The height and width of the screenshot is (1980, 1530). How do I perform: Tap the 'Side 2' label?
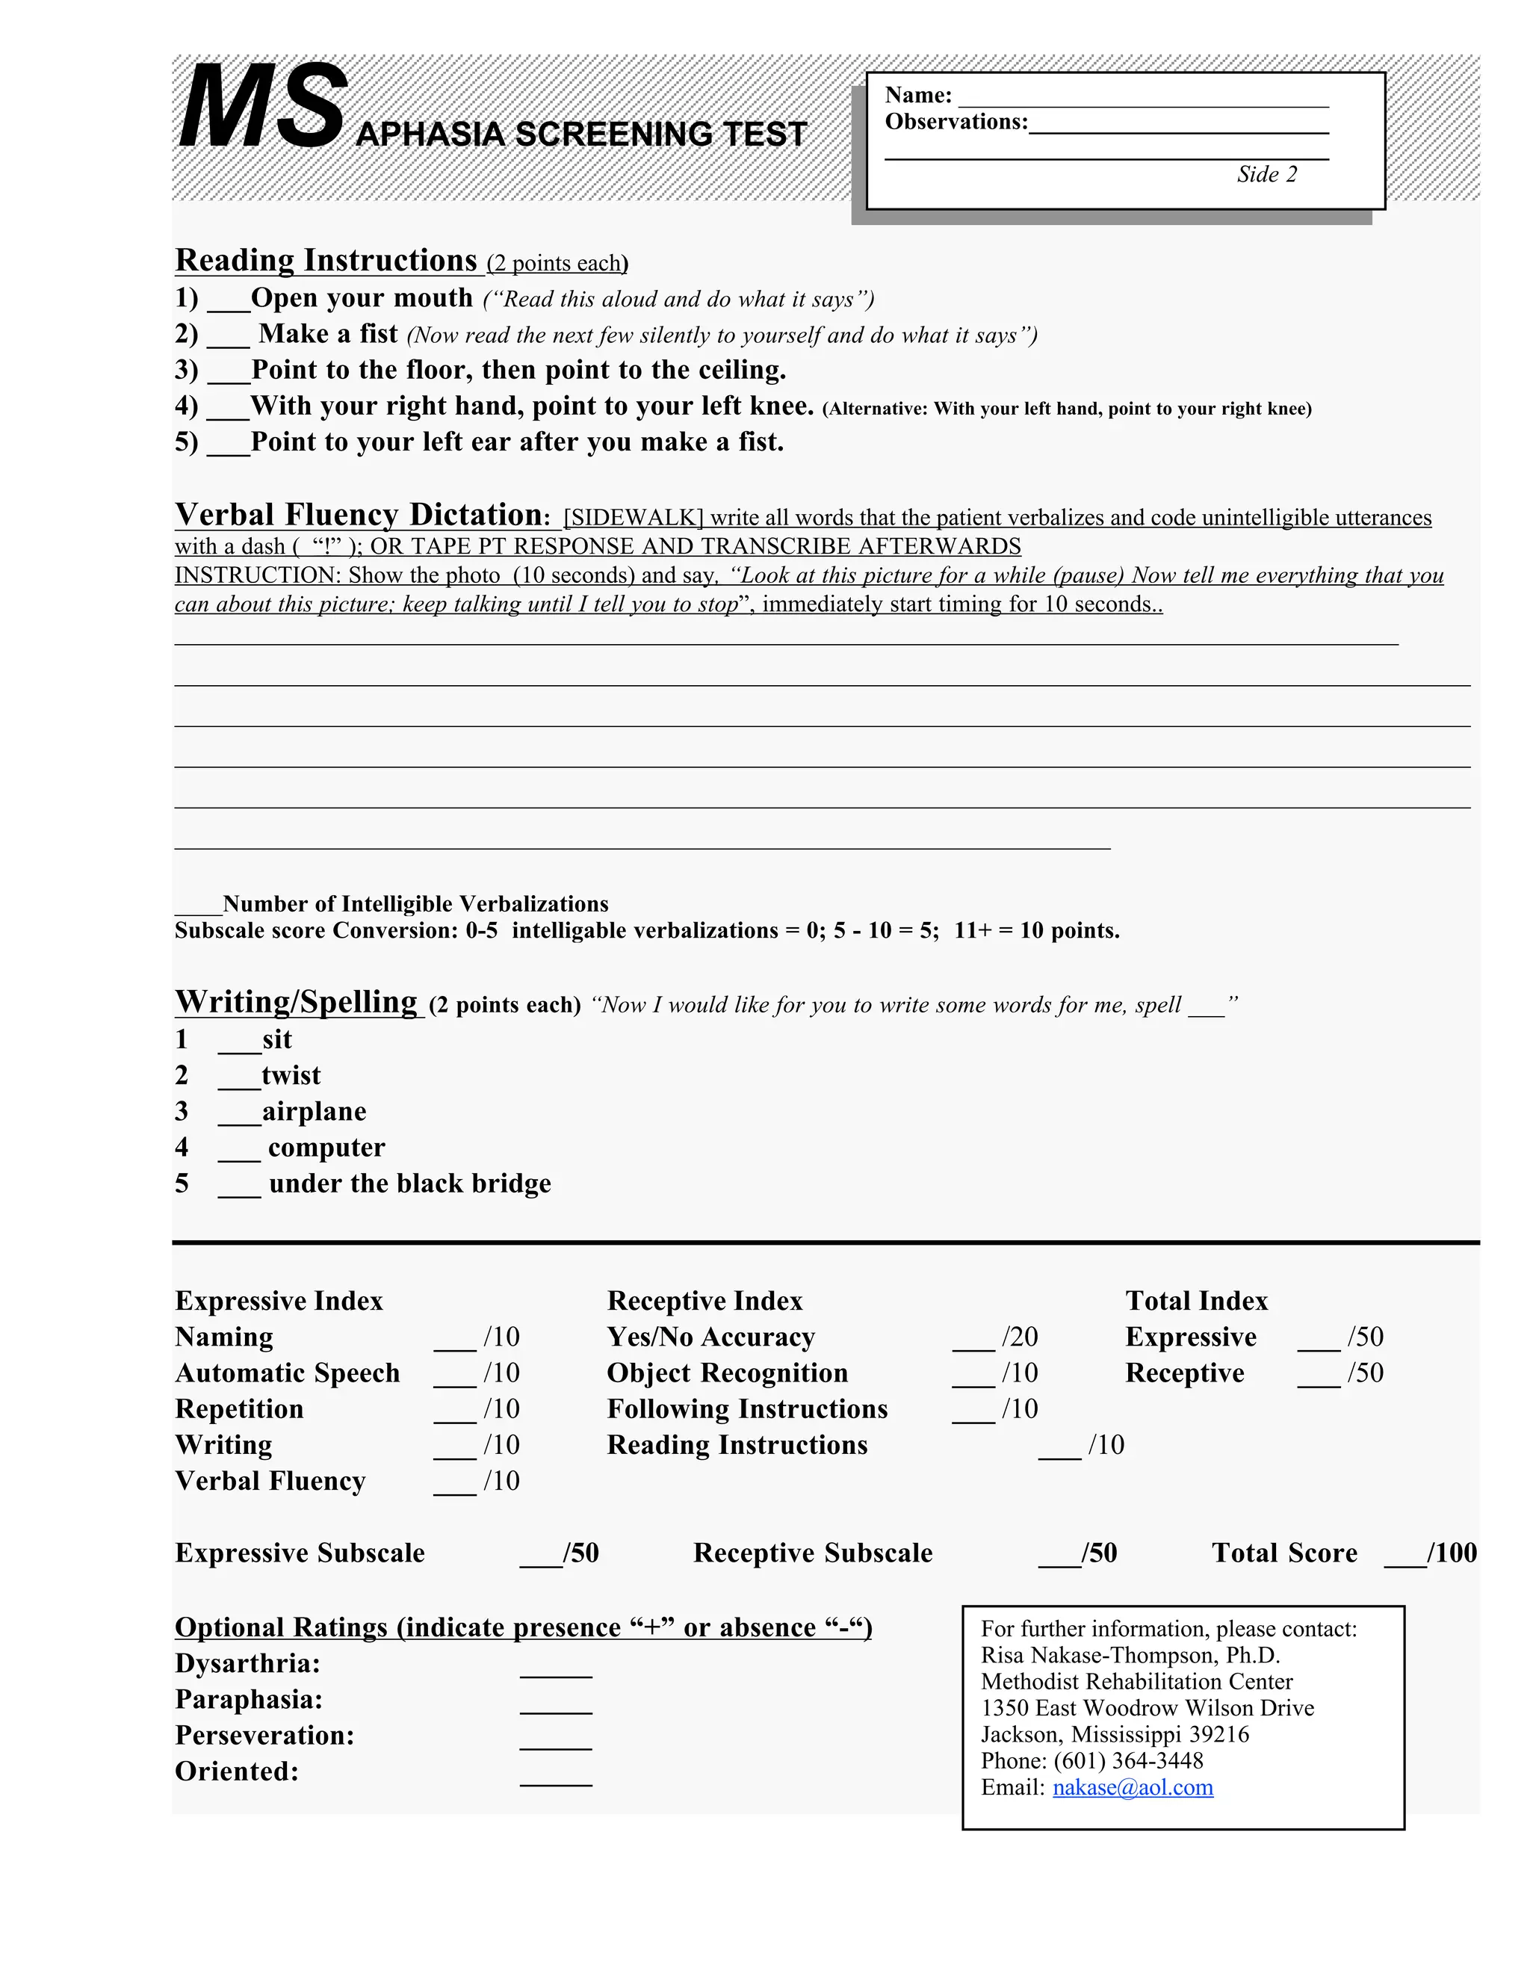pos(1266,174)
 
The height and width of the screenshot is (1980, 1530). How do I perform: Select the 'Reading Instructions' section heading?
pos(326,260)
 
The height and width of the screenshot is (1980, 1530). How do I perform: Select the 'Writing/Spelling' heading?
pos(296,1002)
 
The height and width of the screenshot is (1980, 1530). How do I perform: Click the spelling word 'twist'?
pos(291,1075)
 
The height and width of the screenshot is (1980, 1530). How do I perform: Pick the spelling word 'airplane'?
pos(314,1112)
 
